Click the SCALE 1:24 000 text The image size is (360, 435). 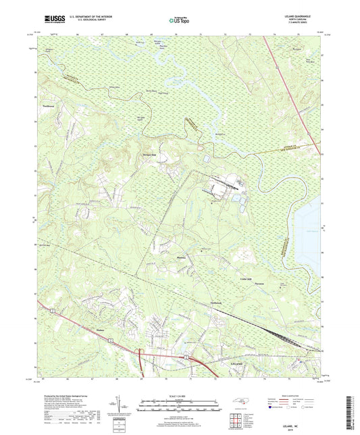[179, 394]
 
